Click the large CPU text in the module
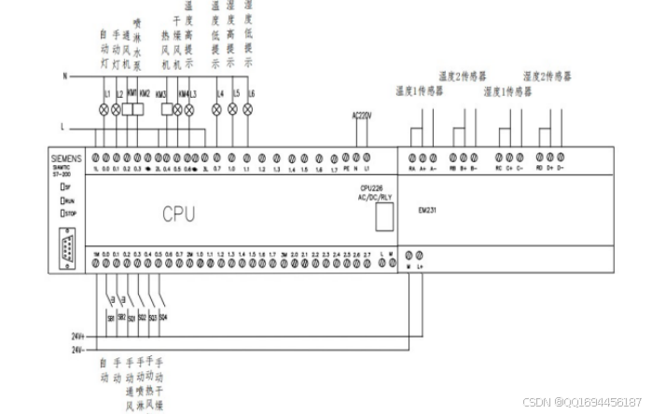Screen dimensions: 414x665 click(x=178, y=214)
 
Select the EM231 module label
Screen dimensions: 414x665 click(x=428, y=210)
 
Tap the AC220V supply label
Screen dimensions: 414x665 click(x=361, y=116)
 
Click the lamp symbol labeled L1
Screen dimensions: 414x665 click(x=104, y=109)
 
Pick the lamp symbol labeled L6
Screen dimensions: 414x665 click(x=248, y=109)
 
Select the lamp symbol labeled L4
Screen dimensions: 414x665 click(x=217, y=109)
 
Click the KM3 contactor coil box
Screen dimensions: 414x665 click(x=168, y=109)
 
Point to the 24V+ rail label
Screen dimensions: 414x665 click(x=78, y=335)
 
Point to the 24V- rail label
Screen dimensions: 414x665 click(x=78, y=351)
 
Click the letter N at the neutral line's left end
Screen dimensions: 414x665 click(x=64, y=75)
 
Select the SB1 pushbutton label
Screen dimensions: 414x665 click(x=110, y=318)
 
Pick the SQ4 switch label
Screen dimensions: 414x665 click(x=163, y=317)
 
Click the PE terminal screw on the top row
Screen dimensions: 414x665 click(x=345, y=157)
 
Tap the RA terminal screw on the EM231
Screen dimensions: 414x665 click(x=412, y=157)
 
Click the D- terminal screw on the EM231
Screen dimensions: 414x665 click(x=560, y=157)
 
